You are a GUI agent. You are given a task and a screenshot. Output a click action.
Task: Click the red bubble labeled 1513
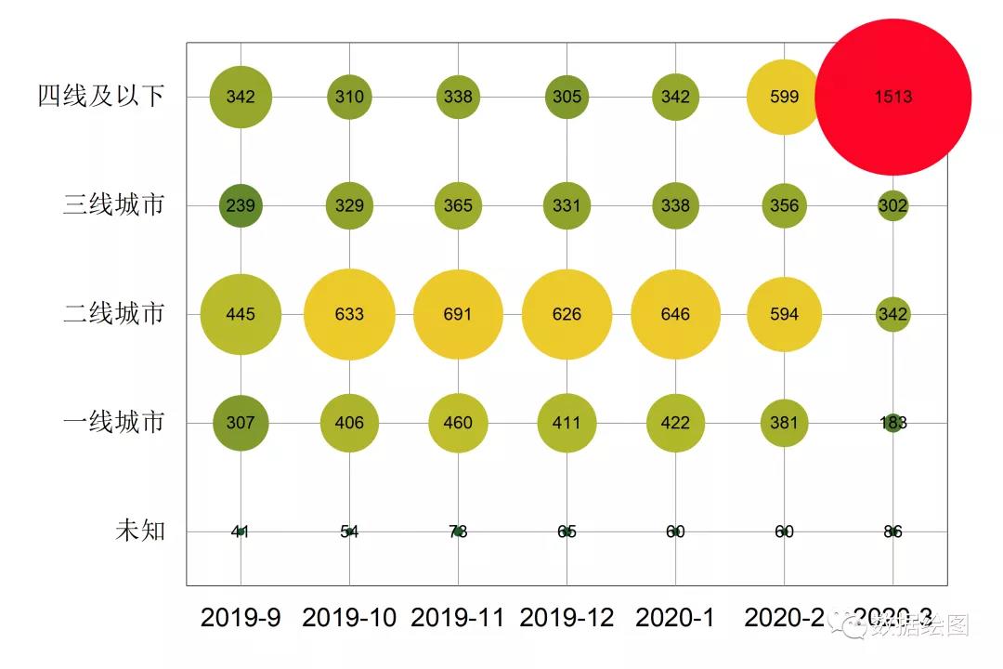click(892, 97)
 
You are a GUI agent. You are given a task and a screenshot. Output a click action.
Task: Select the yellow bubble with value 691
click(458, 314)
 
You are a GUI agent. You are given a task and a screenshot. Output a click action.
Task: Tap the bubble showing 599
click(784, 97)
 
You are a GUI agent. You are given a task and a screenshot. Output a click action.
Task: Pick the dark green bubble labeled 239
click(241, 205)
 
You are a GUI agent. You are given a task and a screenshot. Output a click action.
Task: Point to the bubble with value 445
click(241, 314)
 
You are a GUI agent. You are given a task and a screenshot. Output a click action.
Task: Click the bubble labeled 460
click(458, 423)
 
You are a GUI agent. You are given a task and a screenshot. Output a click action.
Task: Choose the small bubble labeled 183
click(892, 423)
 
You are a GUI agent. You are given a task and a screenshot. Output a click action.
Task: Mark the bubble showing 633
click(349, 314)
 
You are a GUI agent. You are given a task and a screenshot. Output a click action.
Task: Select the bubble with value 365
click(458, 205)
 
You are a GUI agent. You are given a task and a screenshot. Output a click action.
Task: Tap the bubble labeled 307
click(241, 423)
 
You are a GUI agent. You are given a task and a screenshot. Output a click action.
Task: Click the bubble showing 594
click(784, 314)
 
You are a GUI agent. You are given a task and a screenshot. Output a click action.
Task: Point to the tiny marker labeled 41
click(241, 531)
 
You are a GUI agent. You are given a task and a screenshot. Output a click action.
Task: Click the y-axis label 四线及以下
click(101, 97)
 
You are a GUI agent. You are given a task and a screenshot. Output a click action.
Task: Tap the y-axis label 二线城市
click(114, 314)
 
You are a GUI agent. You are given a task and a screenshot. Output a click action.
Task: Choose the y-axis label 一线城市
click(114, 423)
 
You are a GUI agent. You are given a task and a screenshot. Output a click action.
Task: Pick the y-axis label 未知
click(140, 531)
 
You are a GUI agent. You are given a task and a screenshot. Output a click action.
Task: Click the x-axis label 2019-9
click(241, 618)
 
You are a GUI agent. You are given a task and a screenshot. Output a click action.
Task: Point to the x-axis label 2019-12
click(567, 618)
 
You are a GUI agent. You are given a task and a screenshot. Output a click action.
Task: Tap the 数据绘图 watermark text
click(919, 625)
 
